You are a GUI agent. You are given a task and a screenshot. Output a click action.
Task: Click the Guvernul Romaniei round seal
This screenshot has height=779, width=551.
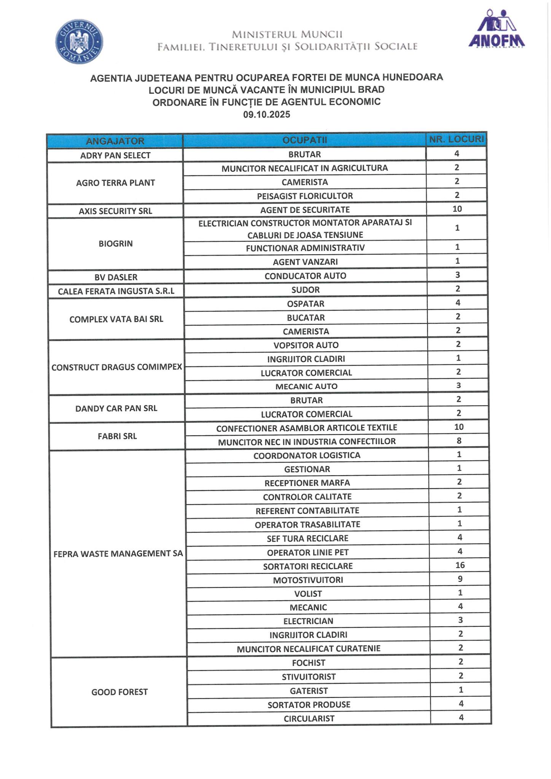79,42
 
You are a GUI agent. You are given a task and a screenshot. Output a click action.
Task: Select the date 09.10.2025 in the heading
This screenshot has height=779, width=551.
266,114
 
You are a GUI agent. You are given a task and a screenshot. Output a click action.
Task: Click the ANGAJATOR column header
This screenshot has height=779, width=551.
115,141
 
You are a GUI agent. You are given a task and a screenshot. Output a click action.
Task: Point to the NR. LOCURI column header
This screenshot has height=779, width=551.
456,140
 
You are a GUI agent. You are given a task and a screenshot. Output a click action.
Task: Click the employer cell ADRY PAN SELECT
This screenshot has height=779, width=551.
115,155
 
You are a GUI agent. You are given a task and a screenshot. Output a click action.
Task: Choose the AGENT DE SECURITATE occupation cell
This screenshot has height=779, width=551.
305,210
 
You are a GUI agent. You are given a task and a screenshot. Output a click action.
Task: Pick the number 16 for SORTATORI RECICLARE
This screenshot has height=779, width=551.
460,565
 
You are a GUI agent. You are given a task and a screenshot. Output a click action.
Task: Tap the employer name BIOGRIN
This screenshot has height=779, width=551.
115,243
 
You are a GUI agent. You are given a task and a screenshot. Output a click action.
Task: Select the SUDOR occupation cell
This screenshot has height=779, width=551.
305,290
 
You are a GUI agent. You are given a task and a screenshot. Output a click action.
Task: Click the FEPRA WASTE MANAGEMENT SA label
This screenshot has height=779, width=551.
118,553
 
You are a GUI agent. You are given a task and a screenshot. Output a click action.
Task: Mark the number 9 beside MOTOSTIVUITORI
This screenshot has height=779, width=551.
460,579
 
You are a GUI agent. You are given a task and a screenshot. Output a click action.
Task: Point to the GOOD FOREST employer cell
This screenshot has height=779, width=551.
119,692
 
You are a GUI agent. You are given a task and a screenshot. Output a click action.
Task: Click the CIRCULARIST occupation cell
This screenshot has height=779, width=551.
309,719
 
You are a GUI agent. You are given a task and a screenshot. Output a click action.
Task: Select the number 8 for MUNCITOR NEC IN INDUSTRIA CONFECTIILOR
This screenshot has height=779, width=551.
459,441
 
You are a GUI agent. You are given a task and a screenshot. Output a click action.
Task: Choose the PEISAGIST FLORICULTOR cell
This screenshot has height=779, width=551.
305,196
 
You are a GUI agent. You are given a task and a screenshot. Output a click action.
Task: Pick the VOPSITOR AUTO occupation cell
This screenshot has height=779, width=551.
306,345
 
